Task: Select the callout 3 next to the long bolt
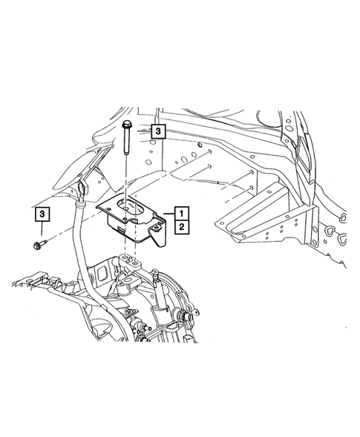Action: coord(158,132)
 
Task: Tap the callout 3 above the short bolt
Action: coord(44,215)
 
